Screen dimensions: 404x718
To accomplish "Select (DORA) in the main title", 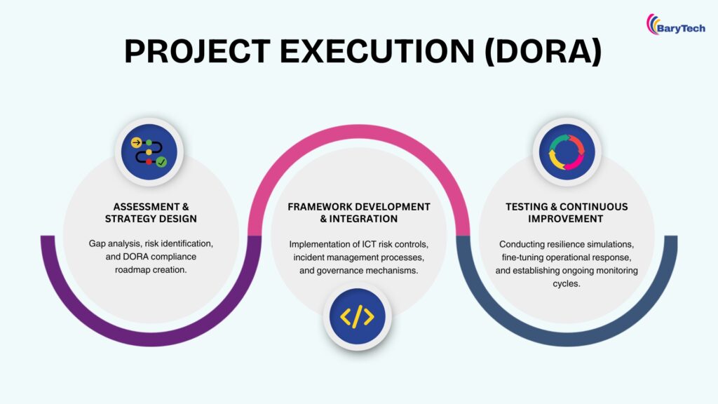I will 543,53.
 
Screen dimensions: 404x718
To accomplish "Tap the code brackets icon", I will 357,317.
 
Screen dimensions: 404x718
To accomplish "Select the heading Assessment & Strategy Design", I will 151,213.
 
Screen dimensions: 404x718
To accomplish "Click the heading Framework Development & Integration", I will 358,213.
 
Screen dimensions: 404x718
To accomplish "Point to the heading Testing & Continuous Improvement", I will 567,213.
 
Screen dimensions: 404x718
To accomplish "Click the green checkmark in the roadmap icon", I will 161,162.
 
